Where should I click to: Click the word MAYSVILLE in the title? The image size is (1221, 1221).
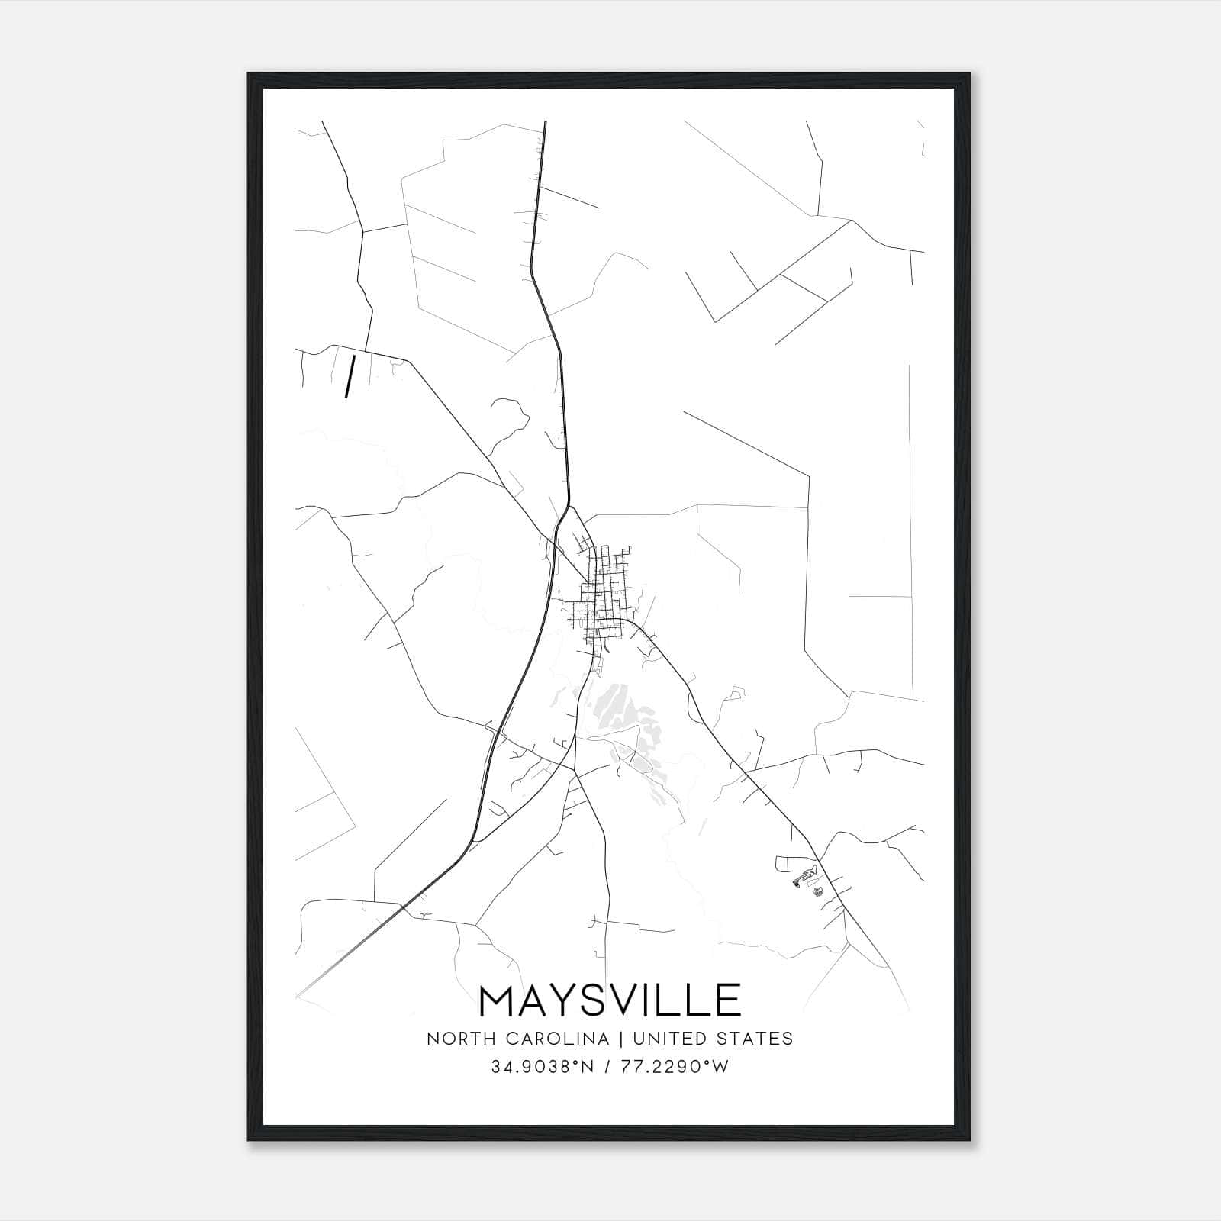pos(610,1000)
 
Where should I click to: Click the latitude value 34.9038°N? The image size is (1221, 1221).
pos(542,1067)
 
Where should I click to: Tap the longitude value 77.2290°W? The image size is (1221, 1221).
pos(675,1067)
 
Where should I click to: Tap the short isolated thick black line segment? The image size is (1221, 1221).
pos(351,376)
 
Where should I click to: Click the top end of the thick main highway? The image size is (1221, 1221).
pos(545,122)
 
